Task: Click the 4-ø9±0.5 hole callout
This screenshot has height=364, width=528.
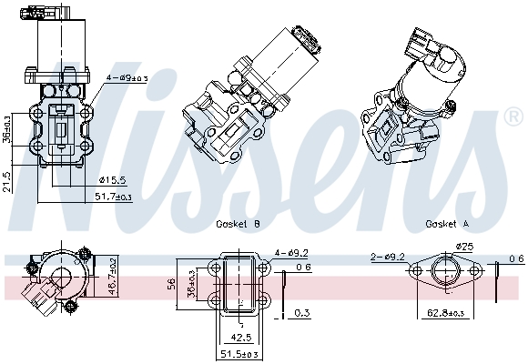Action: pyautogui.click(x=127, y=78)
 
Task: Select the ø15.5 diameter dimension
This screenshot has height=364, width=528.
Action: pyautogui.click(x=111, y=179)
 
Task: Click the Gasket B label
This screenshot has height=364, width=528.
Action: pyautogui.click(x=238, y=223)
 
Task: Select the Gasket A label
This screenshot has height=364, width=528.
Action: pyautogui.click(x=447, y=223)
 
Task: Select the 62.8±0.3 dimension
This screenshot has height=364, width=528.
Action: pyautogui.click(x=448, y=313)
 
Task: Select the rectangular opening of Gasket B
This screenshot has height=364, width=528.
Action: pyautogui.click(x=241, y=284)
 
